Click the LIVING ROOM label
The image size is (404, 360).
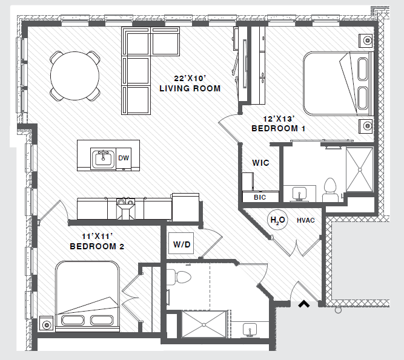(x=190, y=88)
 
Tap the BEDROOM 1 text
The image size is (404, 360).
(x=278, y=128)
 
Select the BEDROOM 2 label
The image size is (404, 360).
(x=97, y=246)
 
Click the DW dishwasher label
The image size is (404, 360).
(x=124, y=159)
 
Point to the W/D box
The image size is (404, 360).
(x=182, y=245)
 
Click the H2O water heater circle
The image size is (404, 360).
(x=277, y=220)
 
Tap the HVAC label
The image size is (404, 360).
(x=306, y=221)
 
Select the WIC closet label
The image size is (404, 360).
(x=261, y=163)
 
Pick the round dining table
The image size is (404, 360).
(x=75, y=76)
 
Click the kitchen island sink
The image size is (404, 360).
(x=103, y=159)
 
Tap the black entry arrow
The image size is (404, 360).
(x=303, y=304)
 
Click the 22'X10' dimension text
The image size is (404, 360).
(x=190, y=78)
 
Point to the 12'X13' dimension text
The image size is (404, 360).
(x=278, y=119)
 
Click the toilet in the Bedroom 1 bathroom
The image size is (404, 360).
(x=331, y=187)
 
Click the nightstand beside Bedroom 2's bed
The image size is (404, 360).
(x=46, y=323)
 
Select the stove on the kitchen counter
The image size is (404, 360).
(x=125, y=208)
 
